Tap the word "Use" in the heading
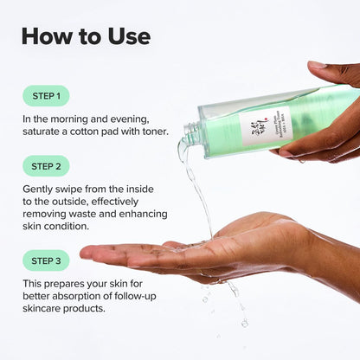tap(126, 36)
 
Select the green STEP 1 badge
tap(46, 95)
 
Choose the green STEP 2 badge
tap(46, 165)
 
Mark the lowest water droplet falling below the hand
tap(245, 323)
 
